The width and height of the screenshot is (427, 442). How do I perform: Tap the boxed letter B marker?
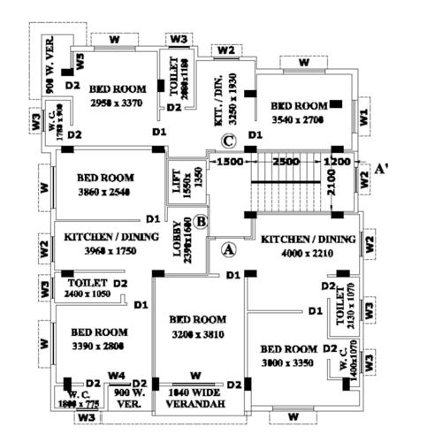[202, 221]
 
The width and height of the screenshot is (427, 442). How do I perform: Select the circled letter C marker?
[228, 141]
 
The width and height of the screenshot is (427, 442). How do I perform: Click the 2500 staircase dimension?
[285, 163]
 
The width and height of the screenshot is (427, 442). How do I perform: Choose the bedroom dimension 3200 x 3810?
[198, 335]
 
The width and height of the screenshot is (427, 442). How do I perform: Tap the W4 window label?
[116, 376]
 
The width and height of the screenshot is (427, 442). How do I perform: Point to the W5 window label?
[80, 61]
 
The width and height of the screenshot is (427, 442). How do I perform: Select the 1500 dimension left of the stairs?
[230, 163]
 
